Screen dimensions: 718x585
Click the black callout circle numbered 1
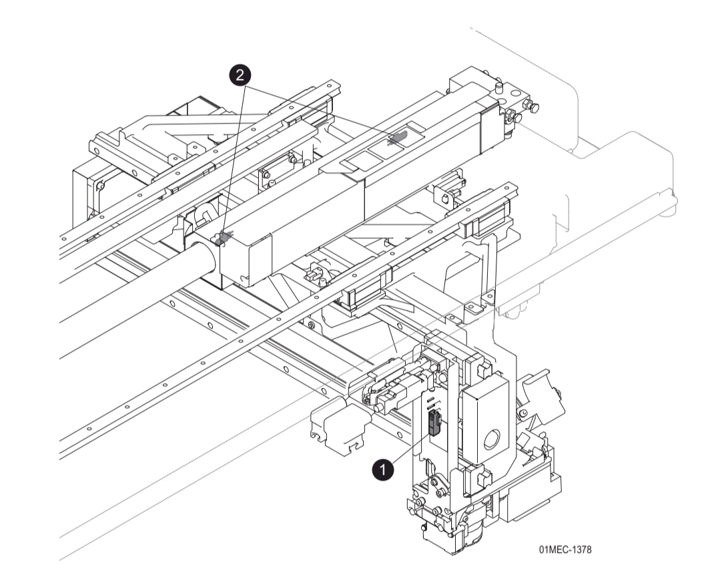click(382, 470)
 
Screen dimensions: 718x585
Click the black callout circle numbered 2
click(240, 75)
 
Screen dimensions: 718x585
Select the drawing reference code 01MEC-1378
click(565, 549)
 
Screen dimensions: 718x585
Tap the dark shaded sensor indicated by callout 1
click(434, 422)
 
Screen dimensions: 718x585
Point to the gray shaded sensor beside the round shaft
click(224, 238)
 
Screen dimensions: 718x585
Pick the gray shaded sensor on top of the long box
click(398, 138)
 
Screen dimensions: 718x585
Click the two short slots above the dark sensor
click(430, 404)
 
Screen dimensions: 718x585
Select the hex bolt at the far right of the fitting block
click(532, 106)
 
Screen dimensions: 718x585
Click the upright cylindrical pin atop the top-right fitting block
click(498, 85)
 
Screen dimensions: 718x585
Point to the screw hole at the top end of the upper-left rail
click(329, 86)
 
